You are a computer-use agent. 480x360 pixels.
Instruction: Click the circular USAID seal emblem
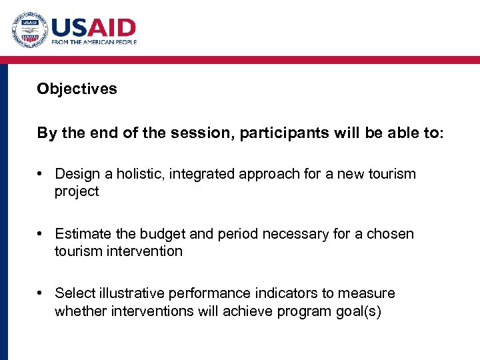29,29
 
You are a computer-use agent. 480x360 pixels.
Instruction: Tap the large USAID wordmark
94,28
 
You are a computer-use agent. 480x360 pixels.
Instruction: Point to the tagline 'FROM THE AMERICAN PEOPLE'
94,42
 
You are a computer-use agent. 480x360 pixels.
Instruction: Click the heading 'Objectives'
77,89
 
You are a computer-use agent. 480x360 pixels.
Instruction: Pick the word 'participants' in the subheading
283,133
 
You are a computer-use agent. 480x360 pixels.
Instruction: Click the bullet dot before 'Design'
41,175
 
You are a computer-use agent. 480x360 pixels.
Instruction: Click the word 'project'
77,191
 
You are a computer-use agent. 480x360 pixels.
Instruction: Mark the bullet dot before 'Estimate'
41,235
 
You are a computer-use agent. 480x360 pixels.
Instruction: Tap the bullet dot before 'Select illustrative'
41,294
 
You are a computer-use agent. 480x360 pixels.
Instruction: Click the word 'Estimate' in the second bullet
83,234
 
